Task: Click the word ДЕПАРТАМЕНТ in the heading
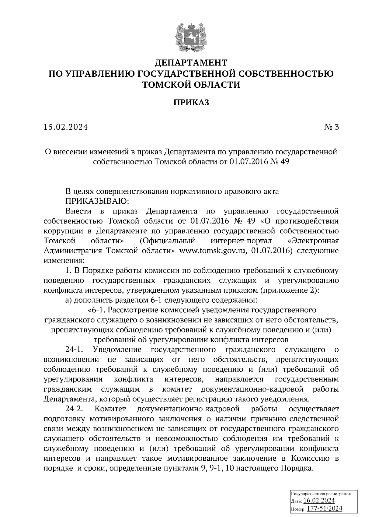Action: pyautogui.click(x=191, y=63)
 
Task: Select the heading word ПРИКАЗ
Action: pyautogui.click(x=191, y=103)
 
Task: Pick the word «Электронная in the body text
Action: pyautogui.click(x=313, y=241)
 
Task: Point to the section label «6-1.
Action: pyautogui.click(x=96, y=310)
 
